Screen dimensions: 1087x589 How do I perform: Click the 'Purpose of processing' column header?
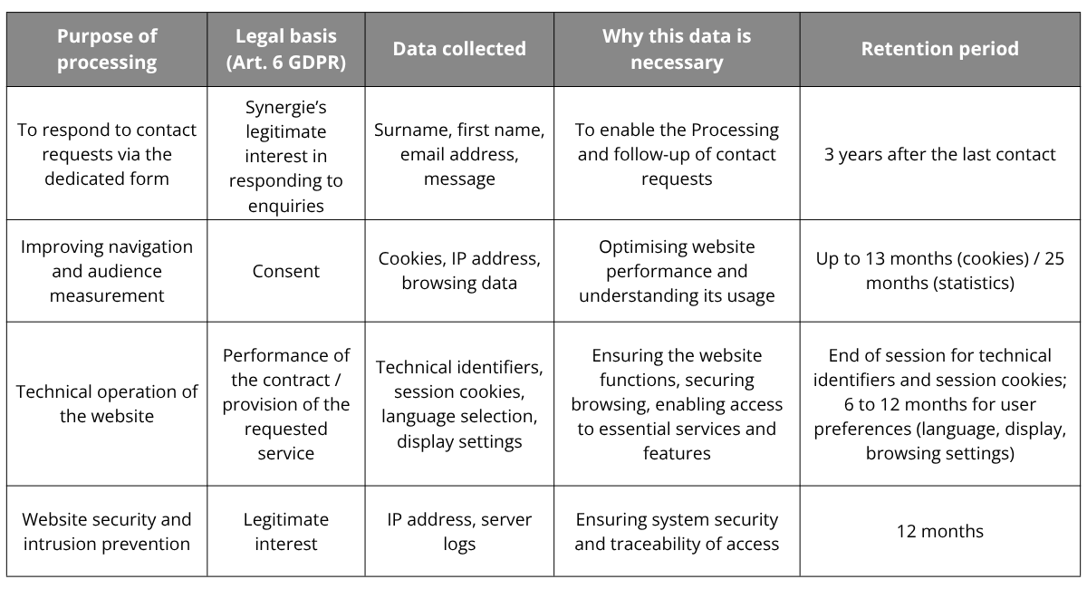(x=107, y=49)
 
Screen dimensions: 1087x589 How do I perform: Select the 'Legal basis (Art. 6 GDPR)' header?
(x=286, y=49)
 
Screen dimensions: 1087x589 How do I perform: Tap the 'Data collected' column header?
(x=459, y=49)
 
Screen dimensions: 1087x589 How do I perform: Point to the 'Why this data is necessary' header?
(x=677, y=49)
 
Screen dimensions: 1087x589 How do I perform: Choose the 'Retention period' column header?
(x=940, y=49)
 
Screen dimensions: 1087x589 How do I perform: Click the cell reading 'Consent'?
(x=286, y=271)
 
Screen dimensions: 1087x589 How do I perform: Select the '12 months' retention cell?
(x=940, y=531)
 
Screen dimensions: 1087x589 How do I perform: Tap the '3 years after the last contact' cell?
(x=940, y=154)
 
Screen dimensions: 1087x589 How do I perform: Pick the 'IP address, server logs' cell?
(x=459, y=531)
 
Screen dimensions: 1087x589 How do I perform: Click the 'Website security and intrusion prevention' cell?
(x=107, y=531)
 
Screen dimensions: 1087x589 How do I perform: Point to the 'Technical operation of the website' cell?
(x=107, y=403)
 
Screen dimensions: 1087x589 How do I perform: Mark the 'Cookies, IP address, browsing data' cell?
(x=459, y=271)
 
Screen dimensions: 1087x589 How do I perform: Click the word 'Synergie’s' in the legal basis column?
(x=286, y=107)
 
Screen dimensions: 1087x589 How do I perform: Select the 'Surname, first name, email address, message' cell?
(x=459, y=154)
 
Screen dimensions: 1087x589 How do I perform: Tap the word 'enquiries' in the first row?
(x=286, y=206)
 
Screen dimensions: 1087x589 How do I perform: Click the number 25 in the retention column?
(x=1054, y=258)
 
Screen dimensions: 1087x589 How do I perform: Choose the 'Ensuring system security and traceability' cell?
(x=677, y=531)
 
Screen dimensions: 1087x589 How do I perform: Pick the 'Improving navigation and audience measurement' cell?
(x=107, y=271)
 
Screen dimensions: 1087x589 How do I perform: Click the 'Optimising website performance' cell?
(x=677, y=271)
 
